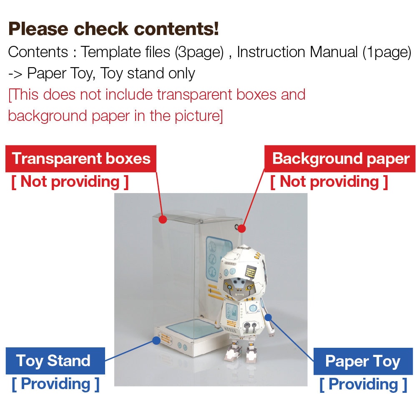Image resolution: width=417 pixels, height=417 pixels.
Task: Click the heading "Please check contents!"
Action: tap(113, 29)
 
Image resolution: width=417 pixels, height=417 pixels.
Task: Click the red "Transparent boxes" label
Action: tap(81, 158)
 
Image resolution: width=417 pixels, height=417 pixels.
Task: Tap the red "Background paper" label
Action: tap(340, 158)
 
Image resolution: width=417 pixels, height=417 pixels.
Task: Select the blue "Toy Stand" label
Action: tap(55, 361)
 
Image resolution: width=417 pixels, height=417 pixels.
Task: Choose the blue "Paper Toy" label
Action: tap(363, 361)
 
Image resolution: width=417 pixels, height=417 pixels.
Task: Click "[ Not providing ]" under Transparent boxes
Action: tap(70, 182)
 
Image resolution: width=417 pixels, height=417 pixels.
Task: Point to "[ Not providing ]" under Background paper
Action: tap(329, 182)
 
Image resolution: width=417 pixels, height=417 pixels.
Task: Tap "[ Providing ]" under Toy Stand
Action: tap(55, 384)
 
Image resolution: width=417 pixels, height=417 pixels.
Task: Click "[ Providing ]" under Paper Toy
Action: tap(363, 384)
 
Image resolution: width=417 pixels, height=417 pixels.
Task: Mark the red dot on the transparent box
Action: tap(163, 219)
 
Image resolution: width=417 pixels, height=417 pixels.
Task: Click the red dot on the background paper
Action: tap(241, 229)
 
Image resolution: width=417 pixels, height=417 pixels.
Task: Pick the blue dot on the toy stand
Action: tap(156, 340)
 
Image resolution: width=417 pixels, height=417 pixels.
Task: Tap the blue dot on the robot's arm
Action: tap(268, 317)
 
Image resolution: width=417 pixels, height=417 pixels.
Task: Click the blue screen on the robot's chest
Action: tap(231, 311)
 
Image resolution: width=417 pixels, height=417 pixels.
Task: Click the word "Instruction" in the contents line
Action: tap(271, 52)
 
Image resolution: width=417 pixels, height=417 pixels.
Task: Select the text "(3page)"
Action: tap(199, 52)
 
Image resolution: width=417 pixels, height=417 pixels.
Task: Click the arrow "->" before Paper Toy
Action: tap(15, 74)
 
